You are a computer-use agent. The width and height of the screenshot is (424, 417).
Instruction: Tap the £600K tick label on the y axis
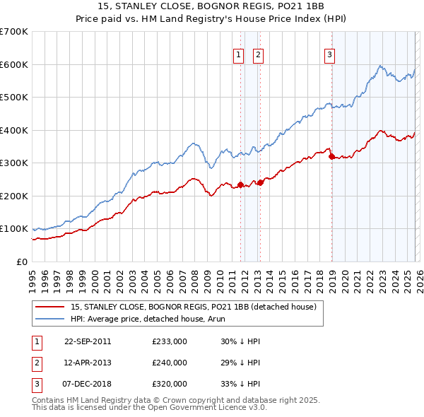14,64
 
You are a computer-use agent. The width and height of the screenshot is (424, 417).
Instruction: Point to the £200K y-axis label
14,196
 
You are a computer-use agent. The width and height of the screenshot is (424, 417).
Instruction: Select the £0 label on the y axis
21,262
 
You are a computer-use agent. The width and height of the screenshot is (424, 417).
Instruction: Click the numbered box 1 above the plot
239,55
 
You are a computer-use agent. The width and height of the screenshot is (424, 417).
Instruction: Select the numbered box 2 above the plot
258,55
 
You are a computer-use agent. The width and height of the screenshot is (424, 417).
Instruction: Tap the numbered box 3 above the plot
330,55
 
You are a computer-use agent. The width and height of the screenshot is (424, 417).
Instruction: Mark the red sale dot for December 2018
331,156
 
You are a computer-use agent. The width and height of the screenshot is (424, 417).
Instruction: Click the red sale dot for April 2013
260,182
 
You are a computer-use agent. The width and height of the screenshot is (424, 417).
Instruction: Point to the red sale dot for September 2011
240,185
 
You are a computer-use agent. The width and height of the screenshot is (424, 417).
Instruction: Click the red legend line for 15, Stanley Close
51,307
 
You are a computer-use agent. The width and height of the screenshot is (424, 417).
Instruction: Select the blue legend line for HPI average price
51,319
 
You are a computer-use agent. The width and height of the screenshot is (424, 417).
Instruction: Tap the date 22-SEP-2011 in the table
88,341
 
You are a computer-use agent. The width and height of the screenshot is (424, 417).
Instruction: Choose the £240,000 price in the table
169,363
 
